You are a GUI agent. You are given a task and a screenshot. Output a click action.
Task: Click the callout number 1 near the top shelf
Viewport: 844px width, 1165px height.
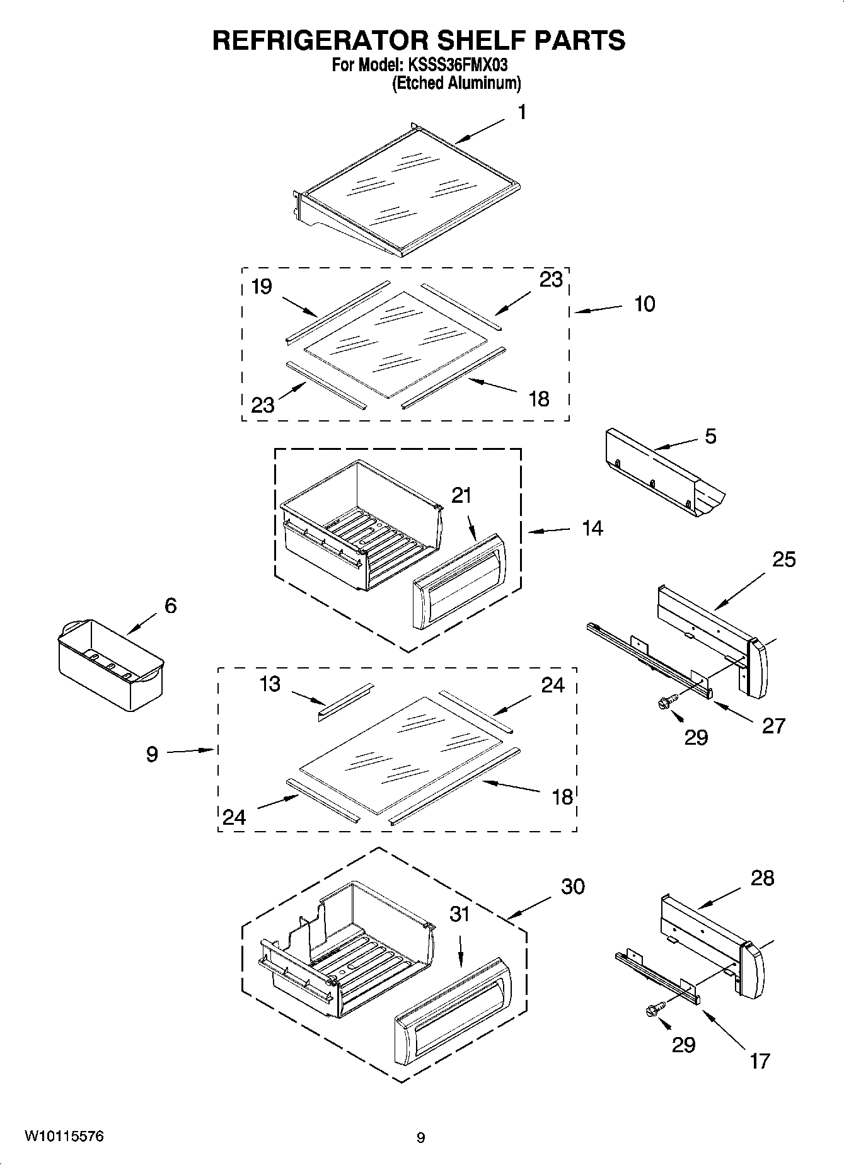coord(521,113)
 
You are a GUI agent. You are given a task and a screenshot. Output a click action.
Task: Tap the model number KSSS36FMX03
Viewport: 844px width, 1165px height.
coord(456,65)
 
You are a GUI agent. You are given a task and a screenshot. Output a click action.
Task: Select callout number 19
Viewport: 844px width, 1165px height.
coord(262,287)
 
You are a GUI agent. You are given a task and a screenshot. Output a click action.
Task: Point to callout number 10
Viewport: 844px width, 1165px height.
coord(644,304)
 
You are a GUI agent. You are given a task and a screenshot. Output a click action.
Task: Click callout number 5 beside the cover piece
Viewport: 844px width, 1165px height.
coord(710,436)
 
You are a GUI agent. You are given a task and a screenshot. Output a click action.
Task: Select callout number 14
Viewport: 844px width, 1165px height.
coord(592,528)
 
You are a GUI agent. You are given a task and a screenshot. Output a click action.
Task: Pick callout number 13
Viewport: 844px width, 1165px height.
coord(270,684)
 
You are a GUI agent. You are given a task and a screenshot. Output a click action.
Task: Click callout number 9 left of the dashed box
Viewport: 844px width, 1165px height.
coord(152,754)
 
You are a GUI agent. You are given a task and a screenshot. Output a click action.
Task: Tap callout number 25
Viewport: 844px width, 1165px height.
coord(783,559)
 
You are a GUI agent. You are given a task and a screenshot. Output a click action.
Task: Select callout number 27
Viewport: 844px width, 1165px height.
coord(773,726)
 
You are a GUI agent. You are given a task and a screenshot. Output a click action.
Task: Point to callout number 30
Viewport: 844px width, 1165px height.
coord(573,887)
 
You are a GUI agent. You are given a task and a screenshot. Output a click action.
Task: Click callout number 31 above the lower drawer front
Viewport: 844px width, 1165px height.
coord(460,914)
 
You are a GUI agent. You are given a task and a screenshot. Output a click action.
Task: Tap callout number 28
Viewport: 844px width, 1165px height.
coord(762,878)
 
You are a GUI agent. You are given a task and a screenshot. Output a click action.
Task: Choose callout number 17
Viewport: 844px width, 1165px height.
coord(760,1061)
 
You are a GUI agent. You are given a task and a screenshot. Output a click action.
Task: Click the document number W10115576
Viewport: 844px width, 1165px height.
coord(64,1136)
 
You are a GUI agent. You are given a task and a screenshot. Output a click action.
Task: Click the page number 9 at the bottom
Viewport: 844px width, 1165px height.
coord(420,1138)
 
